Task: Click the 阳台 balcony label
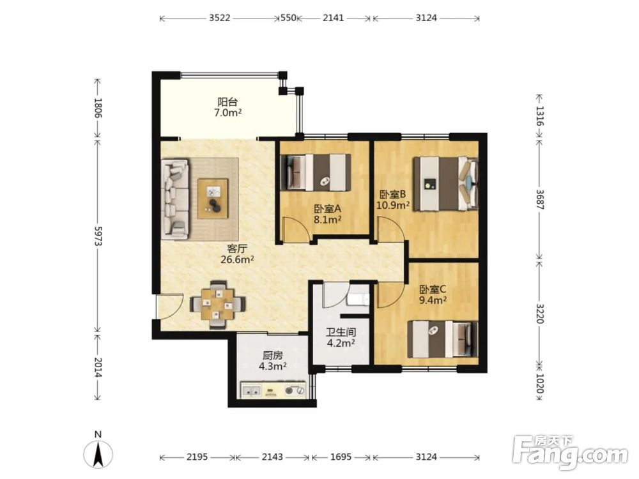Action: point(227,102)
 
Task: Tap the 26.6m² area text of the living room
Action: point(237,259)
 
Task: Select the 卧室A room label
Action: point(327,209)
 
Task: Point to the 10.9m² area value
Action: point(393,204)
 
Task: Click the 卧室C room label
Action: point(433,289)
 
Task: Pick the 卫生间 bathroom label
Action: point(341,332)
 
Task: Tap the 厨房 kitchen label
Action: point(272,355)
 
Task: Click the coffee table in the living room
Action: point(213,199)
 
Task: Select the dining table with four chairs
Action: point(218,304)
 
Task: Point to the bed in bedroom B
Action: point(445,184)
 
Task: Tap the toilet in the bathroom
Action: point(358,299)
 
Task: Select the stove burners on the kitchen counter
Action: point(295,390)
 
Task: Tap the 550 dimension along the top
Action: point(289,18)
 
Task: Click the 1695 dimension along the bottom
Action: point(341,457)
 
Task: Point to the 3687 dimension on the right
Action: point(539,199)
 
